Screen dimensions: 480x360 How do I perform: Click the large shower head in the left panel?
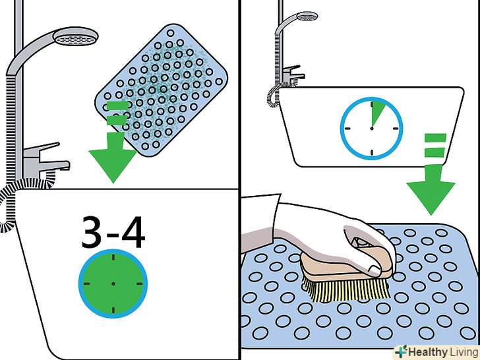click(75, 36)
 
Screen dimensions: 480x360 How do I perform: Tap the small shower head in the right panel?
click(307, 16)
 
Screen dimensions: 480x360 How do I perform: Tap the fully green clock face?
click(113, 284)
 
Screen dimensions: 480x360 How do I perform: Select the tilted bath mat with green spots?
click(162, 90)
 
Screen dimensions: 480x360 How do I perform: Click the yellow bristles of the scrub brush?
click(347, 288)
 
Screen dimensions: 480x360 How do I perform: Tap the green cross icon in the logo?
click(401, 351)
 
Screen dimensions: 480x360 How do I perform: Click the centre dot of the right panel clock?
click(372, 129)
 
